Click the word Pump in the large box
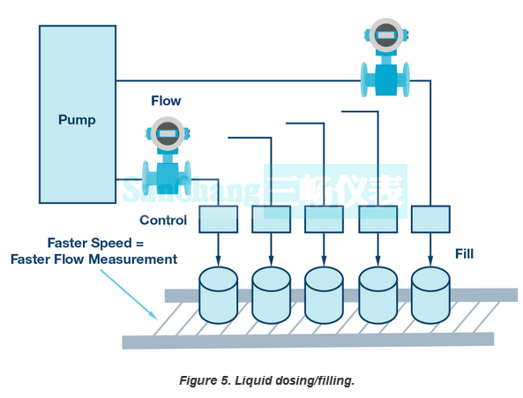point(77,120)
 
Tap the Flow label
point(166,101)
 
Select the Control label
point(163,221)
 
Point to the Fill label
point(464,254)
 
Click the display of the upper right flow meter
point(385,35)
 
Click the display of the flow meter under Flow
point(167,133)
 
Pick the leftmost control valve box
point(218,219)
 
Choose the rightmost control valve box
point(430,219)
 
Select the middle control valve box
point(324,219)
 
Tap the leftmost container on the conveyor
point(218,296)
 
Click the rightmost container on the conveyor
point(430,296)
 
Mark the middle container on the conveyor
point(324,296)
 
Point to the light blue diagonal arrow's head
point(153,316)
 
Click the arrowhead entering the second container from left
point(271,261)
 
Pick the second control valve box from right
point(377,219)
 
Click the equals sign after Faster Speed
point(139,244)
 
